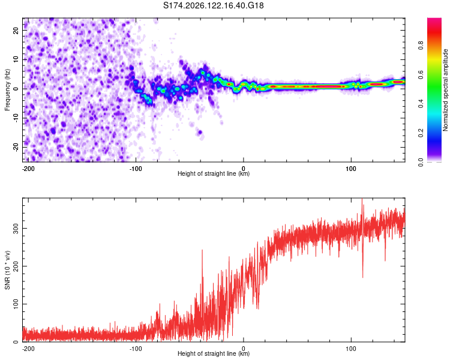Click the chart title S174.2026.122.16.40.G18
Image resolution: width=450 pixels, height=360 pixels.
pyautogui.click(x=213, y=5)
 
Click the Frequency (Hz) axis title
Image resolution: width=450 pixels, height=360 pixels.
pyautogui.click(x=7, y=90)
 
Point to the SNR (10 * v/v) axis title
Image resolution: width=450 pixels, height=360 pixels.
pyautogui.click(x=7, y=270)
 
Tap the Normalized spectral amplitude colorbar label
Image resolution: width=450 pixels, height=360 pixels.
pyautogui.click(x=445, y=90)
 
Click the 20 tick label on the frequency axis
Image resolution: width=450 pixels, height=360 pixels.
pyautogui.click(x=16, y=31)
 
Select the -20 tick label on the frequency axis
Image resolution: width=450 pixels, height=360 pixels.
pyautogui.click(x=16, y=147)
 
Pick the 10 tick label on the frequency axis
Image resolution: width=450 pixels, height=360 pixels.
pyautogui.click(x=16, y=59)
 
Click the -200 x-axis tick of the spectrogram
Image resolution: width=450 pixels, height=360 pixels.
pyautogui.click(x=28, y=169)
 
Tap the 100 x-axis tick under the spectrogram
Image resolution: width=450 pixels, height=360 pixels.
pyautogui.click(x=351, y=169)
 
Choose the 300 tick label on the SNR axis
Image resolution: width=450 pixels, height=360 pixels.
pyautogui.click(x=16, y=228)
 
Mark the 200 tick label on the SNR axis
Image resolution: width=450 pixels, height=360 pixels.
pyautogui.click(x=16, y=266)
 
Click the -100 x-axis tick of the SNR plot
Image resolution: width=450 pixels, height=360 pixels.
pyautogui.click(x=136, y=349)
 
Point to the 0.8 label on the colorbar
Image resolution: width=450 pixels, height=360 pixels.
pyautogui.click(x=421, y=46)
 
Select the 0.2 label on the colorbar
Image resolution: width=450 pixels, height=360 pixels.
pyautogui.click(x=421, y=133)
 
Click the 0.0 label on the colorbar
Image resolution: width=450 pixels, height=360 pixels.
pyautogui.click(x=421, y=162)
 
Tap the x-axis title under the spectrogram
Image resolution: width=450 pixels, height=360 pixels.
pyautogui.click(x=214, y=173)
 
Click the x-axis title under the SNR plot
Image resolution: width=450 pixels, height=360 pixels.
pyautogui.click(x=214, y=353)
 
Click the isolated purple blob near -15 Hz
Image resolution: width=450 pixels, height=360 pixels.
pyautogui.click(x=200, y=133)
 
